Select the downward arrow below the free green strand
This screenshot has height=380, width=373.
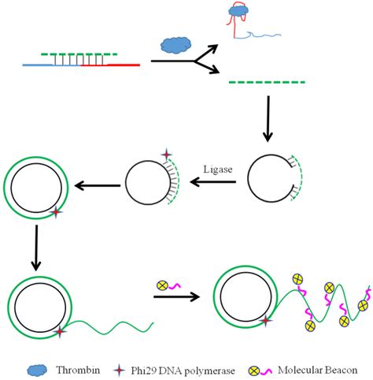[x=268, y=118]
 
